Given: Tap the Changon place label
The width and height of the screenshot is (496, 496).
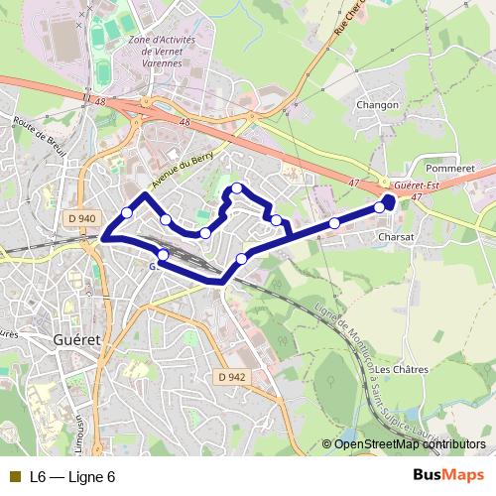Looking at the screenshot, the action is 378,104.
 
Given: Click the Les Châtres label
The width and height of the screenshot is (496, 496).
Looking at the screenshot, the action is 402,369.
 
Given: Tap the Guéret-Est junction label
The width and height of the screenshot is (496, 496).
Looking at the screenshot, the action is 416,186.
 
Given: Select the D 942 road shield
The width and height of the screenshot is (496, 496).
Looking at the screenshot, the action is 230,376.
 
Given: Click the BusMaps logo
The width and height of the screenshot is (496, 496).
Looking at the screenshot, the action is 448,475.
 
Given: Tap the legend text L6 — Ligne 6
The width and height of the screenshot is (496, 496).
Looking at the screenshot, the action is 72,476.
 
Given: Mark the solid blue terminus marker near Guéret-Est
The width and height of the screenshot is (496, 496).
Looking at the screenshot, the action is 388,201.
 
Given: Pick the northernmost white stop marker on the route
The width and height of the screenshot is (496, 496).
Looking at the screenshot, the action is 237,187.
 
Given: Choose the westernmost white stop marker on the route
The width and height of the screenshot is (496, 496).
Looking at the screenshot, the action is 127,212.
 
